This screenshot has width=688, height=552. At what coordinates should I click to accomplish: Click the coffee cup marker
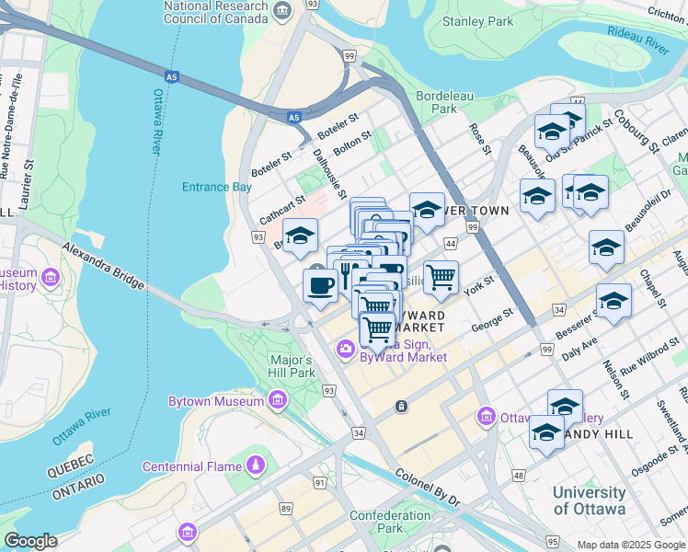[319, 284]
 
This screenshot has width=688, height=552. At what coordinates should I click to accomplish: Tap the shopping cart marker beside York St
[441, 277]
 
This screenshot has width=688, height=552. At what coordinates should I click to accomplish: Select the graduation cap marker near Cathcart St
[300, 236]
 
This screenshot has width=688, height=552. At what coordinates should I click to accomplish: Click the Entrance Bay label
[216, 187]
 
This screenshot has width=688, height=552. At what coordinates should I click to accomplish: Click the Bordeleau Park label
[436, 102]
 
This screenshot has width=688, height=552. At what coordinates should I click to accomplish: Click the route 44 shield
[450, 243]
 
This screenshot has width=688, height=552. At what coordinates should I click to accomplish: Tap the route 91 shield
[319, 481]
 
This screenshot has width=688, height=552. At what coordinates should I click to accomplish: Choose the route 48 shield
[520, 475]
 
